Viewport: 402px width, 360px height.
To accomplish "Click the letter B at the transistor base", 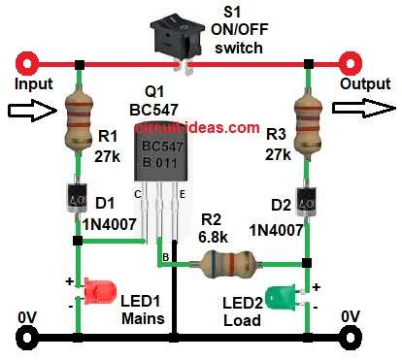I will tap(166, 256).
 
